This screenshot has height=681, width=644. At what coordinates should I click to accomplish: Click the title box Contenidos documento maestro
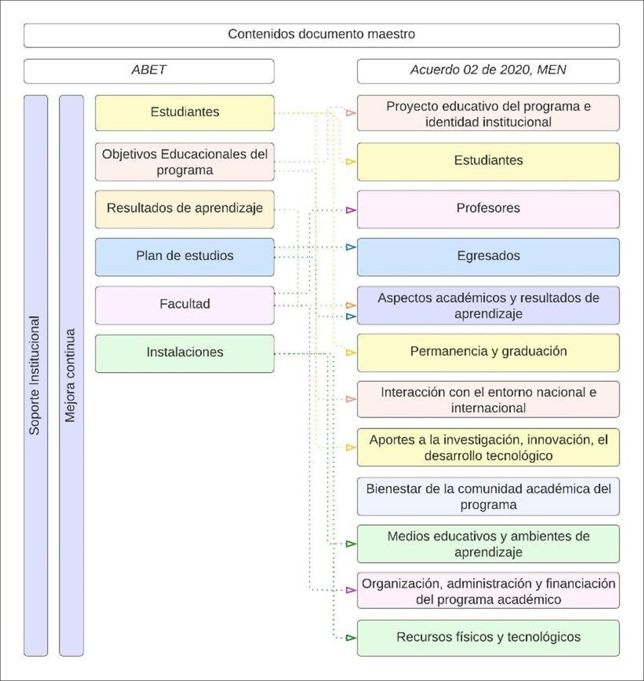[321, 35]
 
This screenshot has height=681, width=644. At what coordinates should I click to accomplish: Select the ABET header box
[149, 70]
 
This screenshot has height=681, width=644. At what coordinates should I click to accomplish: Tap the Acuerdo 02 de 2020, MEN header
[488, 70]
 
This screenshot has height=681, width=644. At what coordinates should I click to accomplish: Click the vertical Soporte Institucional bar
[35, 375]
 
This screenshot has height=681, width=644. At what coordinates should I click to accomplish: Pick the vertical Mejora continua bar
[71, 375]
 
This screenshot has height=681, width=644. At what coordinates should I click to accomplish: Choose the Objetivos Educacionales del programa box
[185, 162]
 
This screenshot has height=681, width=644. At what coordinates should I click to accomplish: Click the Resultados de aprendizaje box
[185, 209]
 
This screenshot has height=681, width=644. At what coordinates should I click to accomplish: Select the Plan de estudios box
[185, 256]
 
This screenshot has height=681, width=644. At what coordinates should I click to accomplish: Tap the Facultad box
[185, 304]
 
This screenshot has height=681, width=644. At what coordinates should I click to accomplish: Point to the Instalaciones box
[185, 353]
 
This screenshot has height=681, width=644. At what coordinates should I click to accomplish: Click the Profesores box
[488, 209]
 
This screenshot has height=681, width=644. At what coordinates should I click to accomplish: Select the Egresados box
[488, 256]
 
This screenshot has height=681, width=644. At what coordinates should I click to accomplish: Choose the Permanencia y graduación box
[488, 352]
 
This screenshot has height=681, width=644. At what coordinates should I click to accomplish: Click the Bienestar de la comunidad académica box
[488, 497]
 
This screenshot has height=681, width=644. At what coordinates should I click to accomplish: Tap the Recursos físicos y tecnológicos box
[488, 637]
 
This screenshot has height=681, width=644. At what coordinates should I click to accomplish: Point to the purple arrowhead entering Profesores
[350, 210]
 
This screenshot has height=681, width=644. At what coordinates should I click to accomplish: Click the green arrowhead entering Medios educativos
[350, 544]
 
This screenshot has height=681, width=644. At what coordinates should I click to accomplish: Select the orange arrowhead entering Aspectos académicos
[350, 305]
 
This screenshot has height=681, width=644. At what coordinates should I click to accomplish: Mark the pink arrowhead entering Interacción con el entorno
[350, 399]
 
